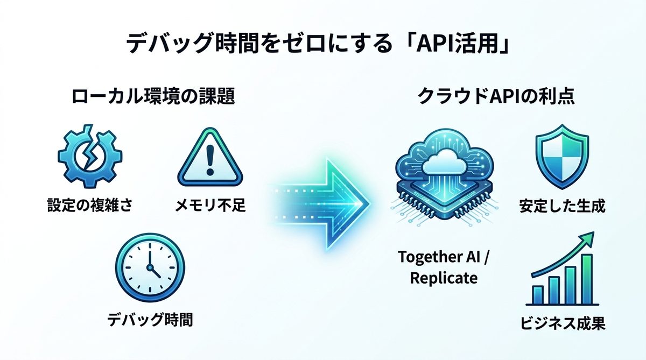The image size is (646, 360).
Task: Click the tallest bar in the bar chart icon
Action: (587, 279)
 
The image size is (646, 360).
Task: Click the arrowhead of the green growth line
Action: (589, 238)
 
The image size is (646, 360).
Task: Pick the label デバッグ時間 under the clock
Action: (150, 320)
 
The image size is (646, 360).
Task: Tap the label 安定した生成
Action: (562, 206)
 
